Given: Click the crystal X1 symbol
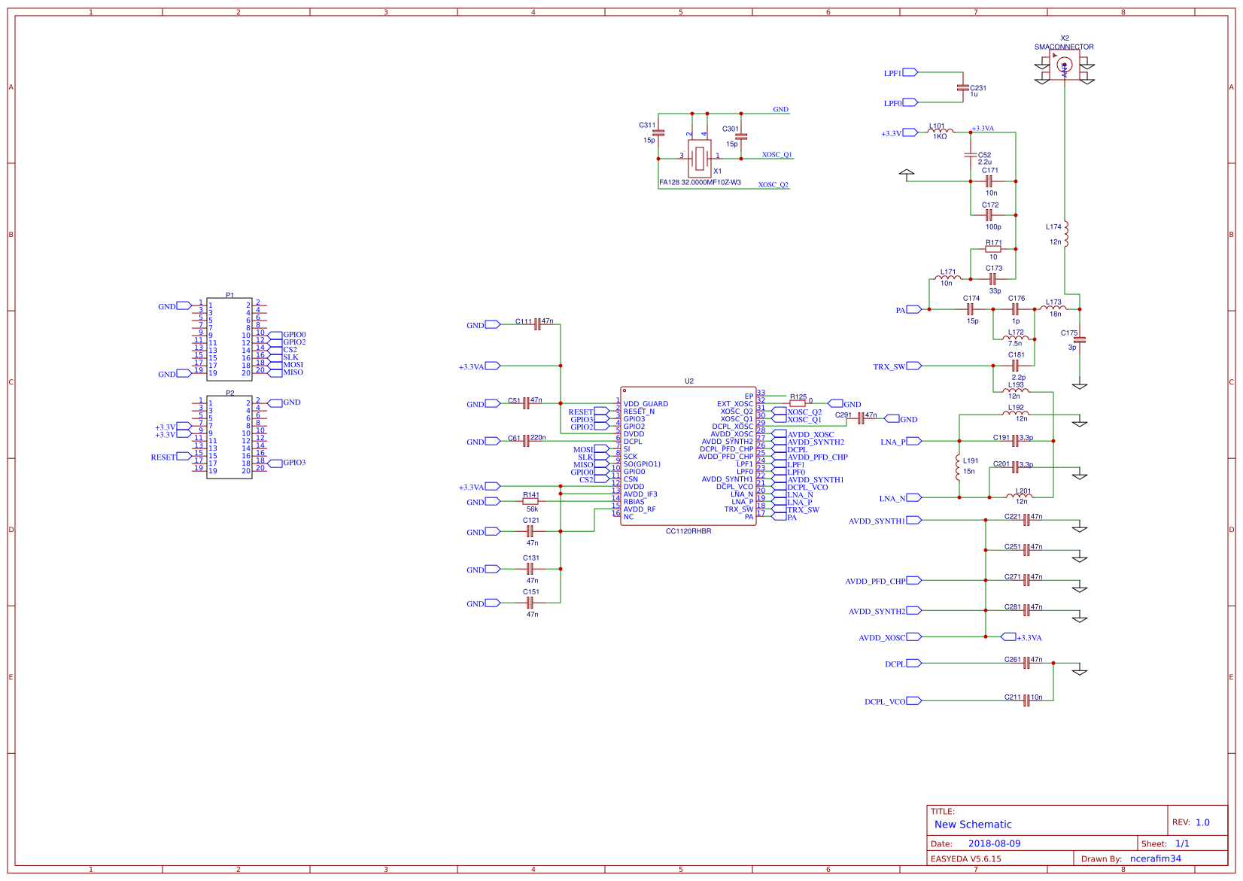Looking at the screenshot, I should (700, 157).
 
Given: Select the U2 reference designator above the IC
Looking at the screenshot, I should (688, 381).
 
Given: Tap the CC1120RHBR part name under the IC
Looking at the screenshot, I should (688, 531).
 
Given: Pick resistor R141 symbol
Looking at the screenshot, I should (530, 501).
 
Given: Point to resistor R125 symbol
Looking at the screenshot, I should (798, 403).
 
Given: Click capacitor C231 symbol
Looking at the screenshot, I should (962, 87).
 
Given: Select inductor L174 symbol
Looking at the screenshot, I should (1065, 233).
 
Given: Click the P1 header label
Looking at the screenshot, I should (229, 296).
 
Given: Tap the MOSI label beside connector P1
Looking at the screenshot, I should (293, 365).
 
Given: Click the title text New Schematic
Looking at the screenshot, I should (972, 825).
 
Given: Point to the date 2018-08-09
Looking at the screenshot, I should (994, 843).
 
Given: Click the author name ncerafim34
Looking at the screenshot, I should (1155, 858).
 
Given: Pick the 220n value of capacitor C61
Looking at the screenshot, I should (538, 437).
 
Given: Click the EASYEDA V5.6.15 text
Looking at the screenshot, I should (965, 858).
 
